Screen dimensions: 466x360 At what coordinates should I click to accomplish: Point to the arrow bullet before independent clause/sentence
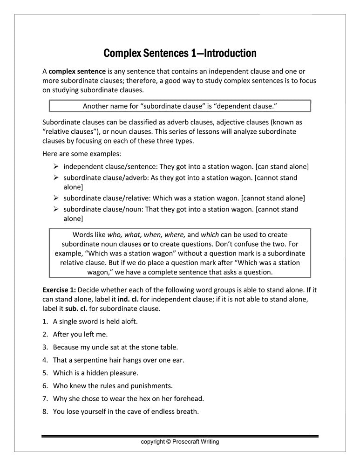pos(55,166)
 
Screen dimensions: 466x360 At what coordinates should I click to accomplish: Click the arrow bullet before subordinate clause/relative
pos(55,198)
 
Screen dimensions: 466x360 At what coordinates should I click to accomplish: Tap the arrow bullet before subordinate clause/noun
pos(55,209)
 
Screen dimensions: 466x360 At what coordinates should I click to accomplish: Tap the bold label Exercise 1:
pos(59,290)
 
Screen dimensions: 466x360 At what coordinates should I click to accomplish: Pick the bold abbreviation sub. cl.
pos(77,308)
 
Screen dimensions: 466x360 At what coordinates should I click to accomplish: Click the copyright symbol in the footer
pos(169,442)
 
